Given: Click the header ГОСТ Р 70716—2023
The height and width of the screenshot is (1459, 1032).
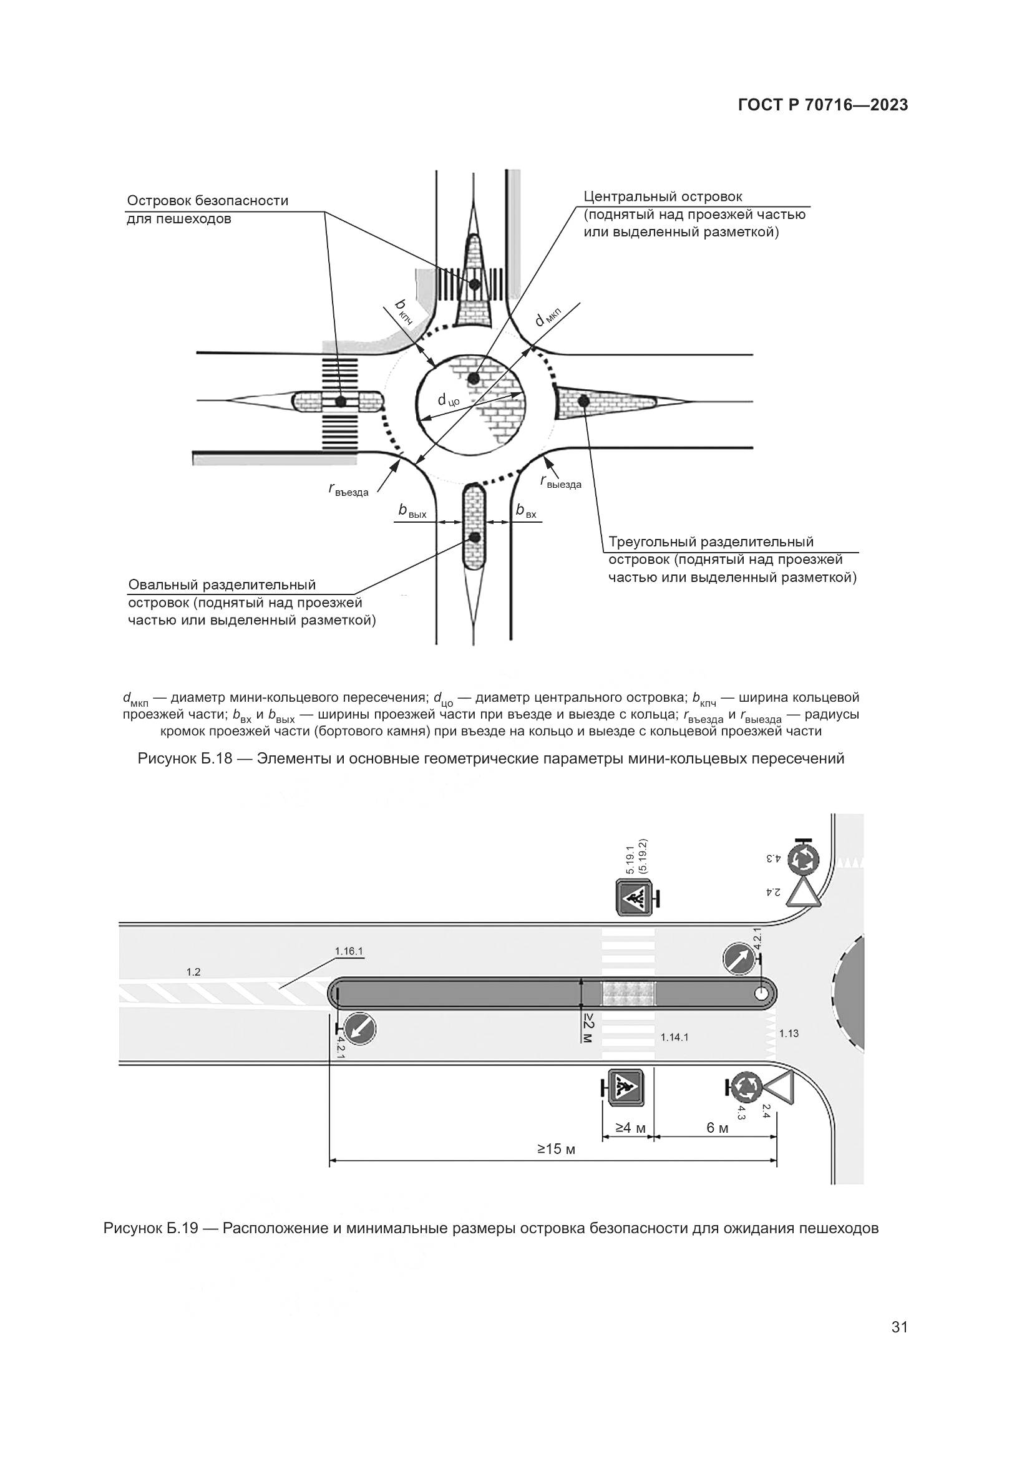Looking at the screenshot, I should [823, 105].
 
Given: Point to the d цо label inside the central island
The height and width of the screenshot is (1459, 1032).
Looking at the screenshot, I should [449, 400].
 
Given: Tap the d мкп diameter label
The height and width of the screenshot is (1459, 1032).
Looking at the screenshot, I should [548, 317].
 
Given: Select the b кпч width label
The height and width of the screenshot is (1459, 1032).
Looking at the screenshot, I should [404, 312].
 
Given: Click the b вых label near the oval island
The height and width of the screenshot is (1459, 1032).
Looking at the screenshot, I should [412, 510].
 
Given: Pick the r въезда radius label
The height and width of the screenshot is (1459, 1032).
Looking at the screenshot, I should [348, 489].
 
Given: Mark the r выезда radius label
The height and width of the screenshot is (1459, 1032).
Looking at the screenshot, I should [560, 482].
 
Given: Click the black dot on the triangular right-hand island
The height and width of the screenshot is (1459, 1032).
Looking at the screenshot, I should [582, 401].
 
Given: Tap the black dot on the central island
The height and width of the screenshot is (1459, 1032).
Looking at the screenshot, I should [473, 379].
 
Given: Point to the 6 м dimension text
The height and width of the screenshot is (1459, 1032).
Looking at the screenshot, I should [718, 1128].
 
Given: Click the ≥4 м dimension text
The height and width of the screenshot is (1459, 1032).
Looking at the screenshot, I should [630, 1128].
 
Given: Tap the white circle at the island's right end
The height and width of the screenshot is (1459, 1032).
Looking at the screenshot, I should [761, 994].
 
